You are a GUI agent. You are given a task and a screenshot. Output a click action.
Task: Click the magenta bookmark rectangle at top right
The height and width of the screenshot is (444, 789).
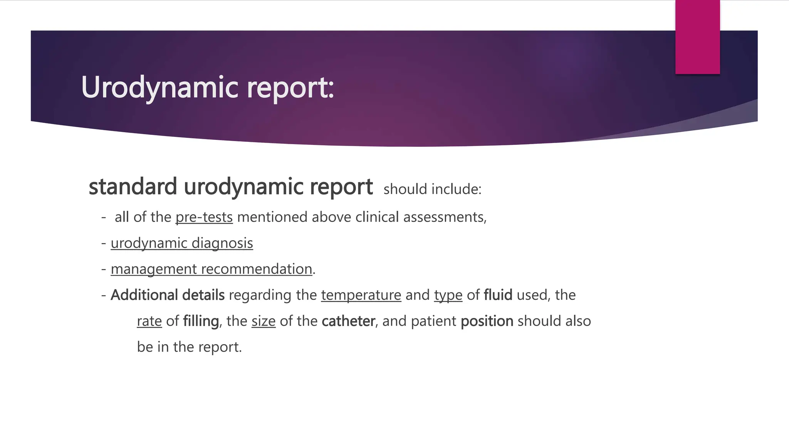click(697, 37)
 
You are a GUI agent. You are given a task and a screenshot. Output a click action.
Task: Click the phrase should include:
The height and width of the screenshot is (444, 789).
click(432, 189)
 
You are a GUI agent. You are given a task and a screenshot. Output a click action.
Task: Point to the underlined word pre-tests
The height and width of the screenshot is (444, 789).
click(204, 217)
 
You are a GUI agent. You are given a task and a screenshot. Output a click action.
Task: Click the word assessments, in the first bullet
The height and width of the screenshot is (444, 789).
click(445, 217)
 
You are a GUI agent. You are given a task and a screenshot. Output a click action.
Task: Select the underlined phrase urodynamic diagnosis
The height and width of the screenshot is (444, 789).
click(182, 243)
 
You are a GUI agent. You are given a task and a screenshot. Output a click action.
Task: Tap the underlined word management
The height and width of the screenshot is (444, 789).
click(154, 269)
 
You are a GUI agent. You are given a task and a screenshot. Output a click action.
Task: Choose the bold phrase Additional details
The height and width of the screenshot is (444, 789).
click(168, 295)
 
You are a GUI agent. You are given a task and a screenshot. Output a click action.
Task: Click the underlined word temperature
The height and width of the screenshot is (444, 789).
click(361, 295)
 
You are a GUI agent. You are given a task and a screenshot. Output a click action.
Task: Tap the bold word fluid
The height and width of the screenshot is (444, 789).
click(498, 295)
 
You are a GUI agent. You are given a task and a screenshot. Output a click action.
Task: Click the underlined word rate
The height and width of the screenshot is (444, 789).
click(149, 321)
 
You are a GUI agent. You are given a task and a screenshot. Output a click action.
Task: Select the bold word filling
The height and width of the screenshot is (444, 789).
click(201, 321)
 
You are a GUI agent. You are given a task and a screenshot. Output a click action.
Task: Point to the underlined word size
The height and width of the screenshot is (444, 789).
click(264, 321)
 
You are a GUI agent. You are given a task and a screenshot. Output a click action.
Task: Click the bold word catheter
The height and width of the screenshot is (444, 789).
click(348, 321)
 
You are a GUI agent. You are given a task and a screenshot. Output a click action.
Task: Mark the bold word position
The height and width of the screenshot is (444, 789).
click(487, 321)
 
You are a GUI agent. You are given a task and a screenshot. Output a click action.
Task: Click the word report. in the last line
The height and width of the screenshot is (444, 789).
click(220, 347)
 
